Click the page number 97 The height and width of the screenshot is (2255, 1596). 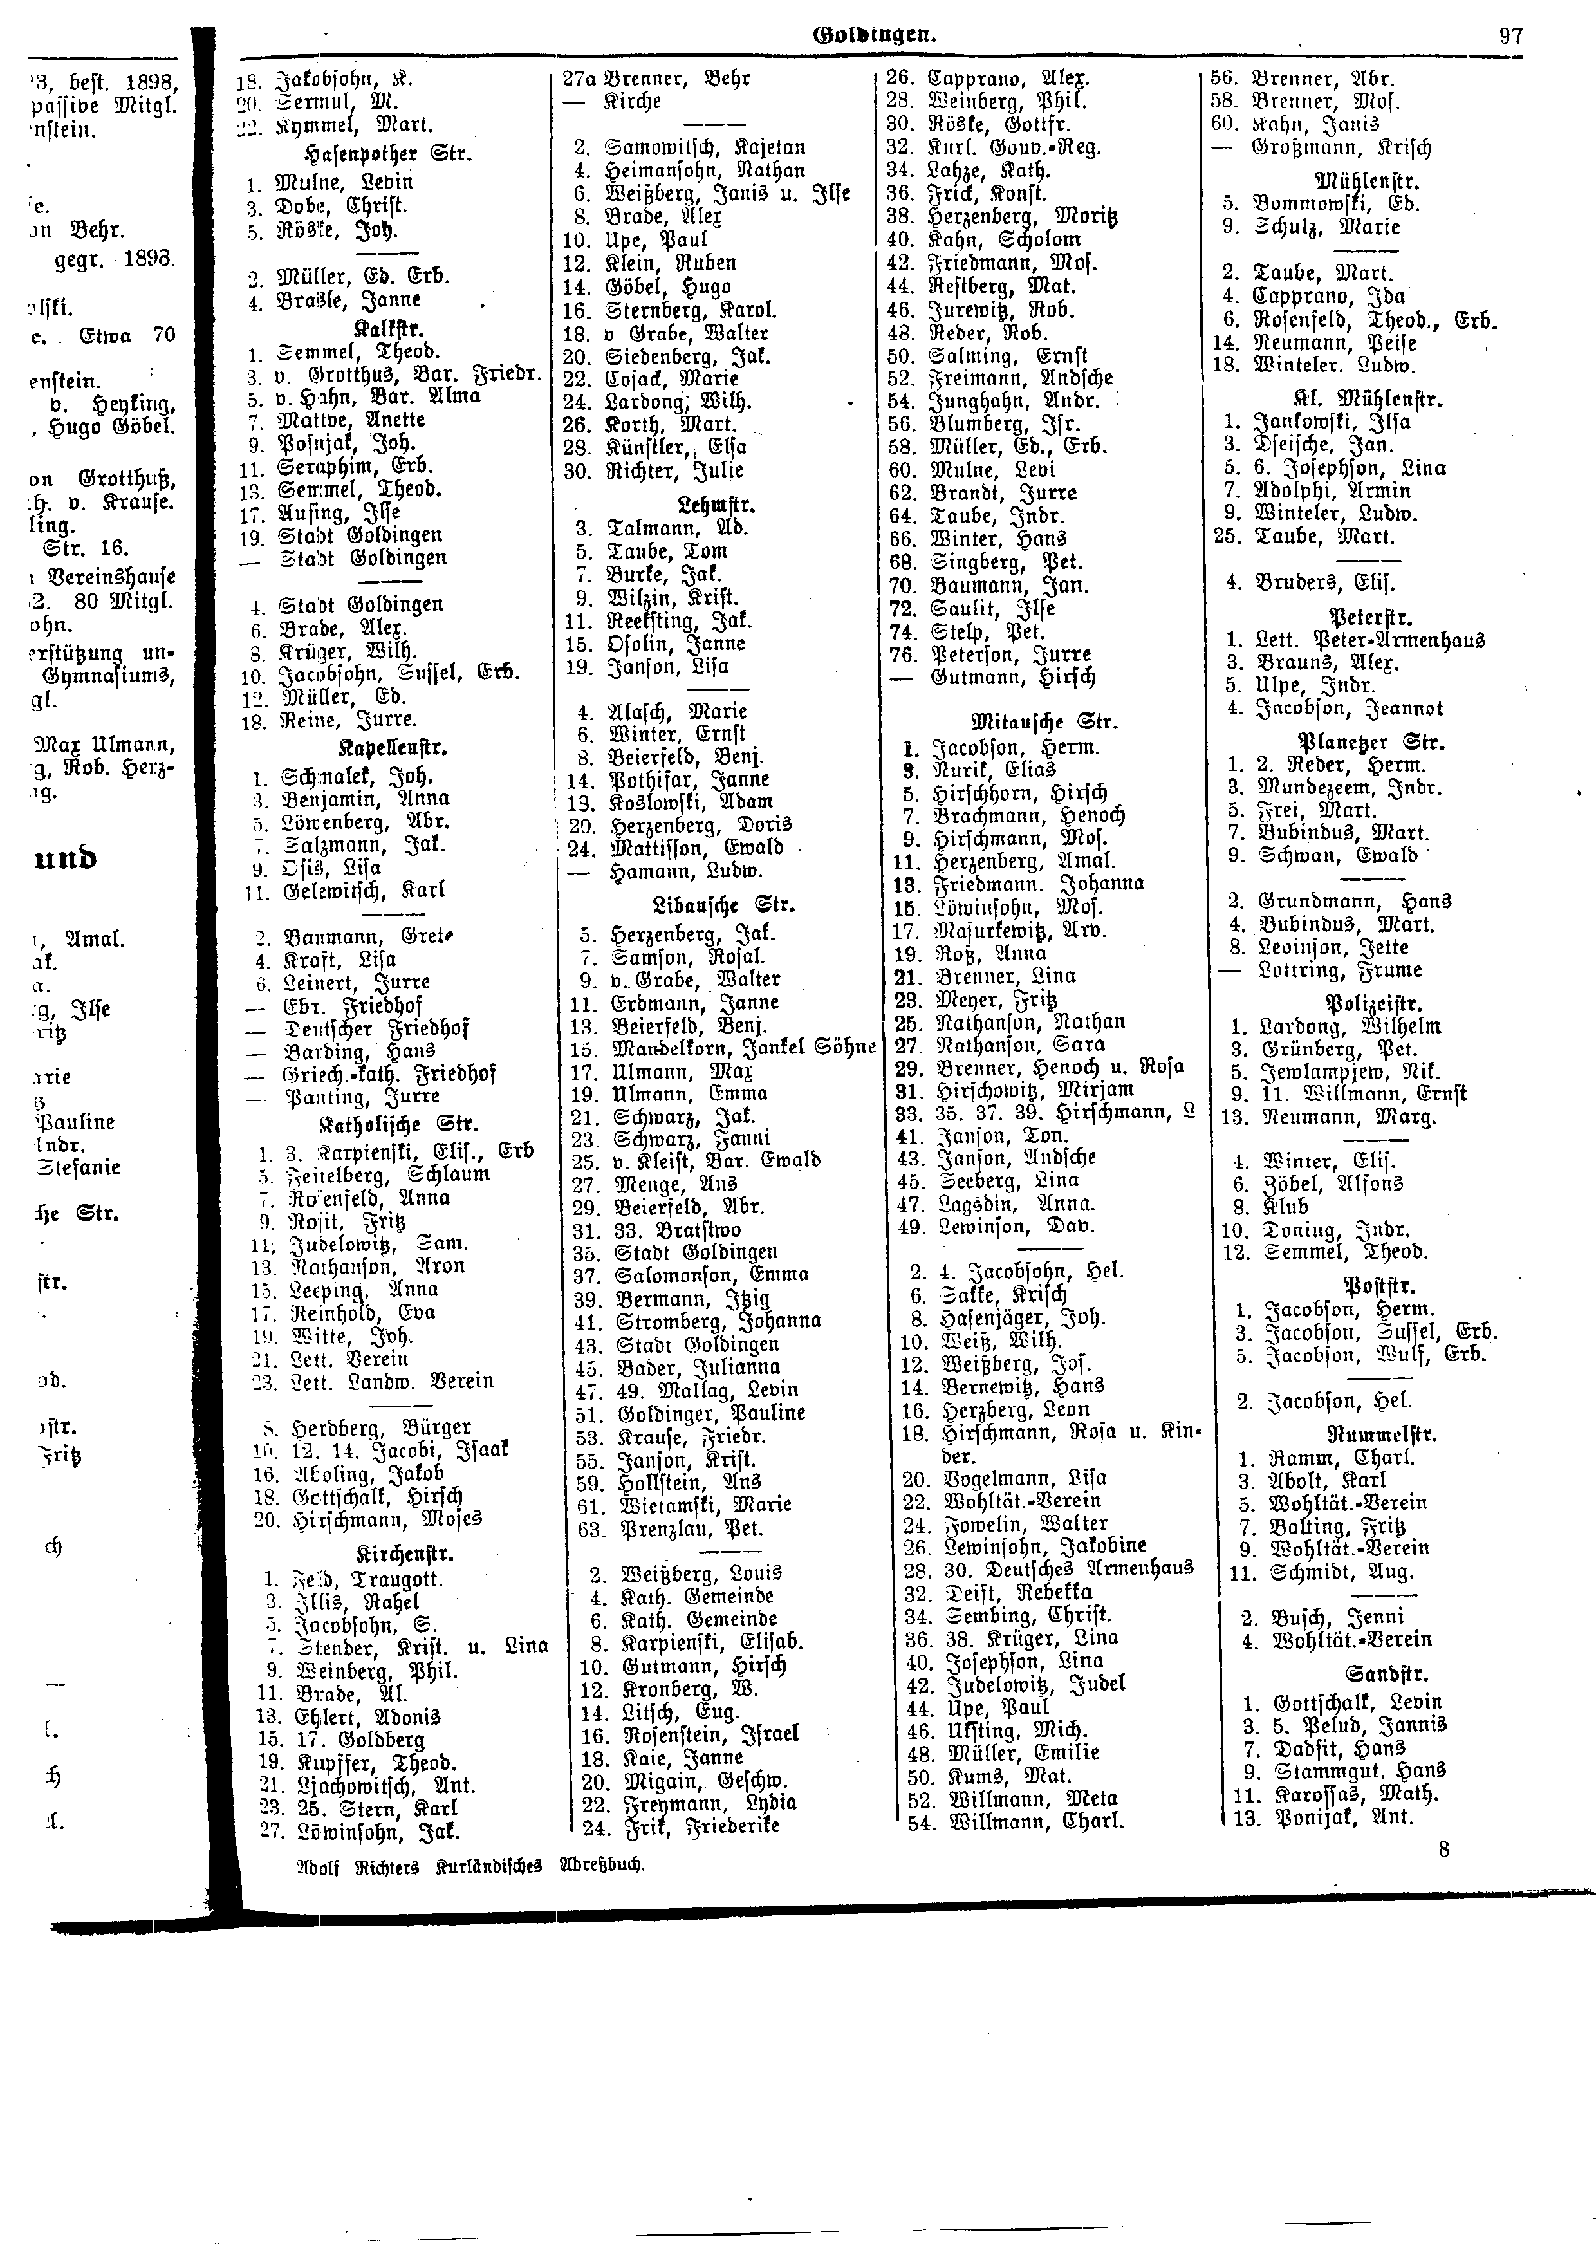[x=1510, y=37]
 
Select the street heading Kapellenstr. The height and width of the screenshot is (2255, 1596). [x=391, y=747]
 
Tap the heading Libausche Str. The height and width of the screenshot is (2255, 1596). [x=723, y=905]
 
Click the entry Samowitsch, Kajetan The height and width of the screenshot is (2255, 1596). [x=703, y=147]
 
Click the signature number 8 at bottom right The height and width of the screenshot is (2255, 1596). [x=1443, y=1849]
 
